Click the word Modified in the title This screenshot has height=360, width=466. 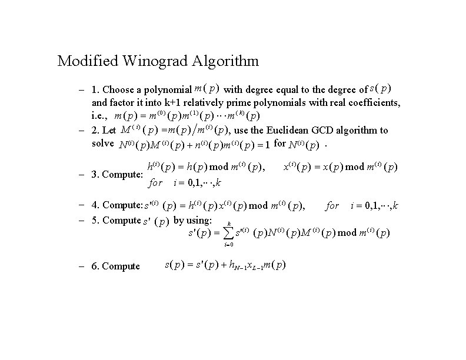coord(82,61)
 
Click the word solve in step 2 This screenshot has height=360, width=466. coord(102,144)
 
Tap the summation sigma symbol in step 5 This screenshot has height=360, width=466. coord(229,234)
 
